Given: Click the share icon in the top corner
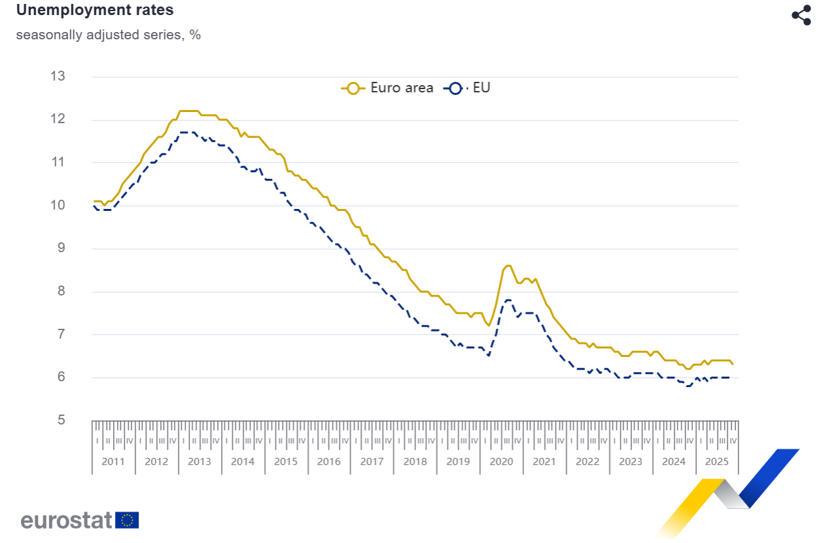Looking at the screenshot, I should (801, 15).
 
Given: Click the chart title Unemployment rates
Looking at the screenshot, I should (95, 10).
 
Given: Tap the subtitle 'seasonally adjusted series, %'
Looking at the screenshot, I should (108, 35).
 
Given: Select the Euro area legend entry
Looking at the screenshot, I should (387, 88).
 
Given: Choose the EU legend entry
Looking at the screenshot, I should (468, 88).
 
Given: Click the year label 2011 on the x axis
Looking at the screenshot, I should (113, 462).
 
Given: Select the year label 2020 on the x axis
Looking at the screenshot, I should (501, 462).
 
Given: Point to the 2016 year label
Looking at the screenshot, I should (328, 462).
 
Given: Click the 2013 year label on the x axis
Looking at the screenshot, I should (200, 462).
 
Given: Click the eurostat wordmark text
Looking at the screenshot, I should (66, 520).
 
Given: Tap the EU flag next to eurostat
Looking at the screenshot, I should (127, 520).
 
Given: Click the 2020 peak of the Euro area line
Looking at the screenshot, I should (508, 265).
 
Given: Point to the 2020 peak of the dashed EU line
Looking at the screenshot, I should (508, 300).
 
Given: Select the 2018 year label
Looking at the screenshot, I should (415, 462).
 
